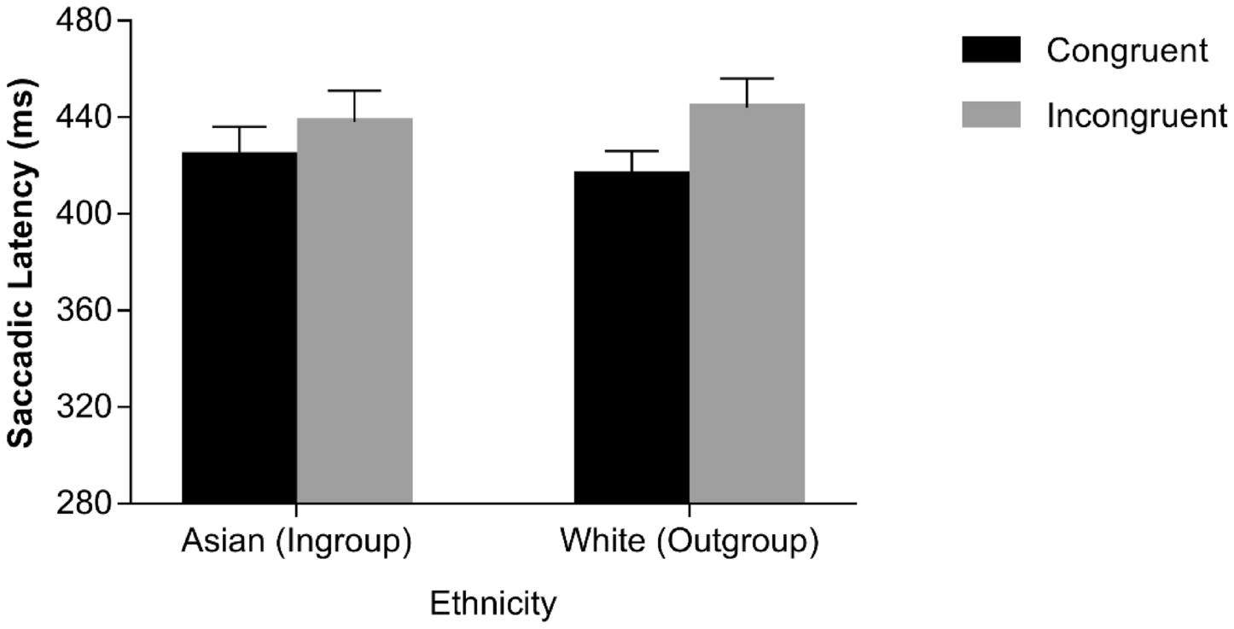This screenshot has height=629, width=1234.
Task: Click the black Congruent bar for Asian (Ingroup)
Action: (x=239, y=328)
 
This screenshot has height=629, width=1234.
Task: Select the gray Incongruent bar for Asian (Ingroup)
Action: (x=354, y=311)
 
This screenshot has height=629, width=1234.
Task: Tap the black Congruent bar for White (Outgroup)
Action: (x=632, y=337)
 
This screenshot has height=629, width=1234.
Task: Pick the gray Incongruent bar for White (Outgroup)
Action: (x=747, y=303)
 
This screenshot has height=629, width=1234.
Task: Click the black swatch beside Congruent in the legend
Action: (x=991, y=50)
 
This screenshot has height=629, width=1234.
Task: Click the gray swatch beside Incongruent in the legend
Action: (x=991, y=114)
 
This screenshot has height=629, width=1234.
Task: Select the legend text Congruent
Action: (x=1127, y=50)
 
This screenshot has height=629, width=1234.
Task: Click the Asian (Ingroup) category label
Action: (x=297, y=543)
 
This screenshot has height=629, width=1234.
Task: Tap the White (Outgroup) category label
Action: (x=689, y=543)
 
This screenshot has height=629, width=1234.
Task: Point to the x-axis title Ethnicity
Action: (x=493, y=604)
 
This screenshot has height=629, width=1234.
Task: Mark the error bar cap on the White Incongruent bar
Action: (x=747, y=79)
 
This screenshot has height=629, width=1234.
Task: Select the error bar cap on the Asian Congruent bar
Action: (x=239, y=126)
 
